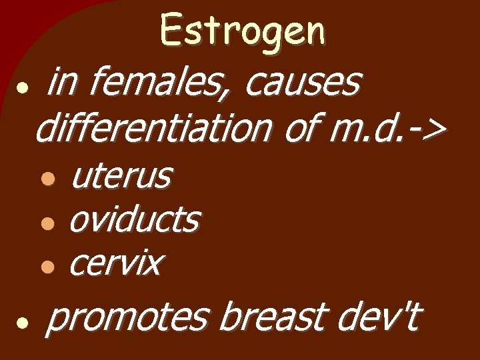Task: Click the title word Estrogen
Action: (x=243, y=32)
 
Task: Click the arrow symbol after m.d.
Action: (x=425, y=128)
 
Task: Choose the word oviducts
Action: (x=133, y=219)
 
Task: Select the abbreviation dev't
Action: (x=377, y=317)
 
